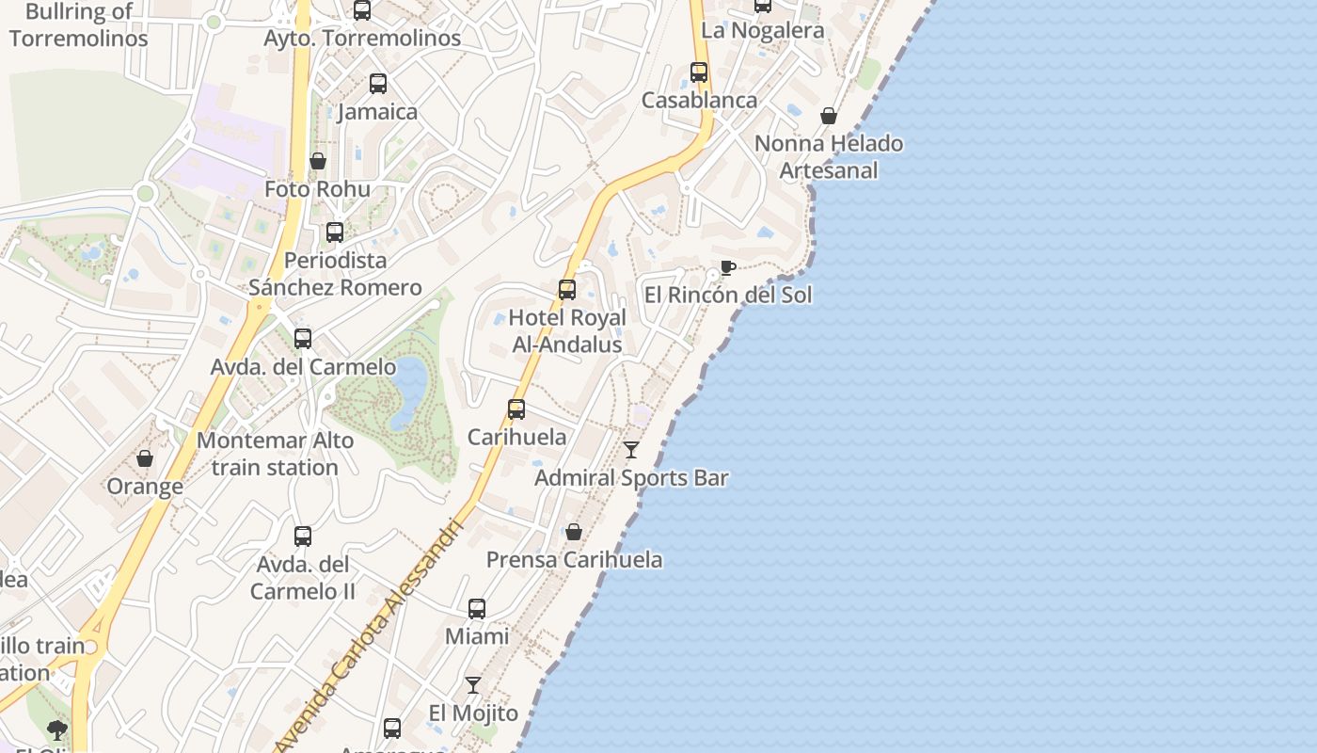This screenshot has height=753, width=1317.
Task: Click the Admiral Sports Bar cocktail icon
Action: (x=631, y=450)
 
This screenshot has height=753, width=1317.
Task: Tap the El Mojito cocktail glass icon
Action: (x=473, y=685)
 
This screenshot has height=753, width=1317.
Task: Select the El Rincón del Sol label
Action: (x=727, y=295)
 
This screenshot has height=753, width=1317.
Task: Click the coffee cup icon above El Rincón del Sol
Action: (x=727, y=268)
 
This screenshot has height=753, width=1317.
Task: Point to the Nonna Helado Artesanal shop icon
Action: (x=829, y=116)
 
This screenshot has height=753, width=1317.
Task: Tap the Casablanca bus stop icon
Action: (x=699, y=72)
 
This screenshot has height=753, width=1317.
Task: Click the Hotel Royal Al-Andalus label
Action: (x=567, y=331)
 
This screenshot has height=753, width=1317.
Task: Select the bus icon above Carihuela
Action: (x=516, y=409)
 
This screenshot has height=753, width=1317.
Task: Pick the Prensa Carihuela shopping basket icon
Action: (x=574, y=533)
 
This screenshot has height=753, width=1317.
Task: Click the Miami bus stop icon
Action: (x=477, y=609)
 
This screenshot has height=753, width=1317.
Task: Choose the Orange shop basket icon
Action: (x=145, y=458)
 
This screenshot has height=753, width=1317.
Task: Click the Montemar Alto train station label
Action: (x=275, y=454)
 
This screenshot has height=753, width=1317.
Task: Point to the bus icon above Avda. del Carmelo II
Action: (x=303, y=537)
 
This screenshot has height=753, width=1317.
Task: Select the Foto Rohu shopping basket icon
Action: (x=318, y=161)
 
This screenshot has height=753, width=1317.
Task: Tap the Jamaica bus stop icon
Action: (x=378, y=84)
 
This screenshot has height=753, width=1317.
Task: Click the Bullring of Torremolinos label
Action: (x=79, y=25)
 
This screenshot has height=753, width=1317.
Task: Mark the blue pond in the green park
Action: (x=410, y=391)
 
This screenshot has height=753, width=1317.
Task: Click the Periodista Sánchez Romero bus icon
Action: (x=335, y=232)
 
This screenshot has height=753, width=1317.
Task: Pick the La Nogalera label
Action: (x=763, y=30)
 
